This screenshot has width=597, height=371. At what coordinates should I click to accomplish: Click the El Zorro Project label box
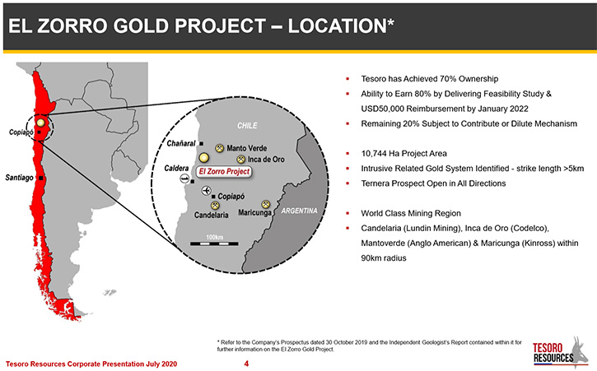(224, 172)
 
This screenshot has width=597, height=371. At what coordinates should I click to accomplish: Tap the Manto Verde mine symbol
(219, 148)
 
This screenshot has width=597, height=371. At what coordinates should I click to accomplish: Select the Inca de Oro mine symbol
(241, 160)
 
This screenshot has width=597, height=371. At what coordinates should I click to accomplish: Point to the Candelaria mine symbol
(215, 206)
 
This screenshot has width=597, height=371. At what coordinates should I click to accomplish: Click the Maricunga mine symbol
(266, 205)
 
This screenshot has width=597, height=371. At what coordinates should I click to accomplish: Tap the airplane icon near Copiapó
(206, 190)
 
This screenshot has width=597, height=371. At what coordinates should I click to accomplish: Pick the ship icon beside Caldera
(184, 179)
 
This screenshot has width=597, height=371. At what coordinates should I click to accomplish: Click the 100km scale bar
(214, 243)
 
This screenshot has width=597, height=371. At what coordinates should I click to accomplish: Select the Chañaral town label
(181, 143)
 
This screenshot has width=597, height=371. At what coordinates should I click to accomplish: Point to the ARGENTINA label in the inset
(299, 211)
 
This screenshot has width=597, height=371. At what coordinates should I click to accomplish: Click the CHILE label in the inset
(248, 126)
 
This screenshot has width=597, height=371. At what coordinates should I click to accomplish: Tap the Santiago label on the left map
(20, 178)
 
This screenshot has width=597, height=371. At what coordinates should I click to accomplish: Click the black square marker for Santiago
(40, 178)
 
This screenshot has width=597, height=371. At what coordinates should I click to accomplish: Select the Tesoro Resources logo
(562, 352)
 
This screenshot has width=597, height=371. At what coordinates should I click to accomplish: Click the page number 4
(246, 364)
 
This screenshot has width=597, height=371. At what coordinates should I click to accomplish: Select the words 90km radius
(384, 258)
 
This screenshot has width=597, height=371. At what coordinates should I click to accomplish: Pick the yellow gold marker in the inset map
(204, 158)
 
